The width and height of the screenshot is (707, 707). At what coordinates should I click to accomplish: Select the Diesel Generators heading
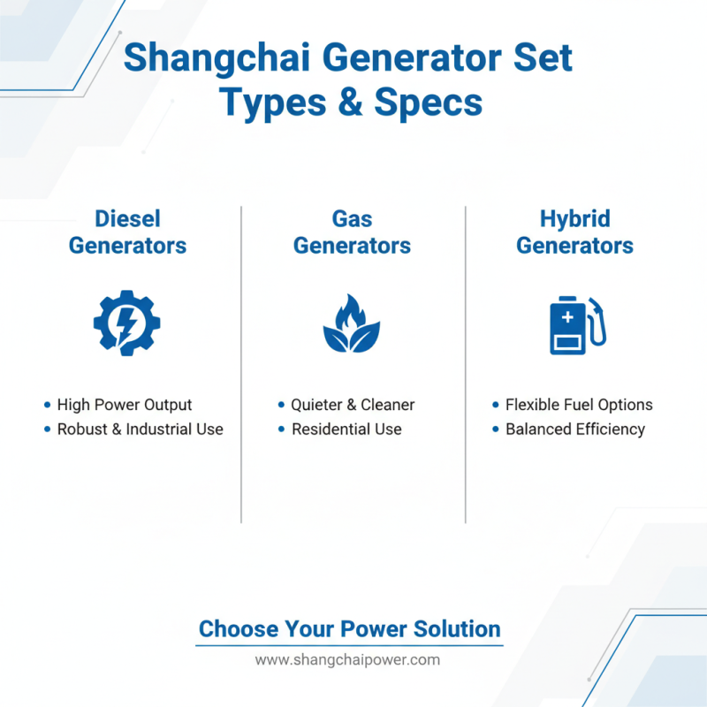pyautogui.click(x=127, y=232)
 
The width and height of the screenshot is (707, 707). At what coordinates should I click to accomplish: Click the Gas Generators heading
pyautogui.click(x=352, y=232)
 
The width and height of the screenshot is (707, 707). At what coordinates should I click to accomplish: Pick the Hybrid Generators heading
pyautogui.click(x=574, y=232)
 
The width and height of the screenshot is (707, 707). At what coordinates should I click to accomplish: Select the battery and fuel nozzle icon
pyautogui.click(x=578, y=324)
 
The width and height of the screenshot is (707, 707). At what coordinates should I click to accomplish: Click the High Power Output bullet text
pyautogui.click(x=125, y=405)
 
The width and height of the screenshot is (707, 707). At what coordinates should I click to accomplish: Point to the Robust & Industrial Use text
pyautogui.click(x=140, y=430)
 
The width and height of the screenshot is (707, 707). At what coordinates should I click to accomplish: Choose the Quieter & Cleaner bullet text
pyautogui.click(x=353, y=405)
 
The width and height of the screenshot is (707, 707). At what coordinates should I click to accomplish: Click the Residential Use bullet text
pyautogui.click(x=346, y=430)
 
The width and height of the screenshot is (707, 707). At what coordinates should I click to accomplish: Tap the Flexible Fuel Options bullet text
pyautogui.click(x=579, y=405)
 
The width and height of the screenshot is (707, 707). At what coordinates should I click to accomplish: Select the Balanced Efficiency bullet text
pyautogui.click(x=575, y=430)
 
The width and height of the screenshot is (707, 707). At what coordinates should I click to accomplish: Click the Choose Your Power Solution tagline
pyautogui.click(x=350, y=629)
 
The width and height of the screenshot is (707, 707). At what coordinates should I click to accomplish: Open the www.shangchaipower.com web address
pyautogui.click(x=347, y=660)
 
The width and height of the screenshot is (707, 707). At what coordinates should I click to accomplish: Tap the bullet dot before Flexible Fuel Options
pyautogui.click(x=495, y=405)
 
